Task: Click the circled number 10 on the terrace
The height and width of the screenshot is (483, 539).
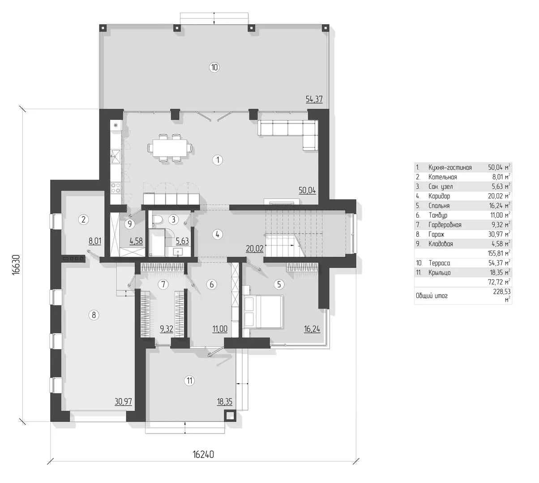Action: [214, 67]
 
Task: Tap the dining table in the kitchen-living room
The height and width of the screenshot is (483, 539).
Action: [170, 148]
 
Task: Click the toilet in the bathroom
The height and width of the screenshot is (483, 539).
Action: [158, 220]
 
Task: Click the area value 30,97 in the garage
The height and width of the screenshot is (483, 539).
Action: [123, 401]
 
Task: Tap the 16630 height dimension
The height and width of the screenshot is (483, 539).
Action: [17, 264]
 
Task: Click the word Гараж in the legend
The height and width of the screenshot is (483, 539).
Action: [436, 234]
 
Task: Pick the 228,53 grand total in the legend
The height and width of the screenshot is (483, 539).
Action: [502, 292]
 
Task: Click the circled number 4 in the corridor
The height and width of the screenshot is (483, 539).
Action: [218, 234]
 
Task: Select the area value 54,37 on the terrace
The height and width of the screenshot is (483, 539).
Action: [314, 99]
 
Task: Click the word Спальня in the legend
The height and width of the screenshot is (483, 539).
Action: [439, 206]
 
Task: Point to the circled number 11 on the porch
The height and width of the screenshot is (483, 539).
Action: [189, 381]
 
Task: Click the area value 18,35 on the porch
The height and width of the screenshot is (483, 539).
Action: [225, 402]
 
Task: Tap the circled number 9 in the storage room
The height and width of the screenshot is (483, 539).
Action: [129, 224]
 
